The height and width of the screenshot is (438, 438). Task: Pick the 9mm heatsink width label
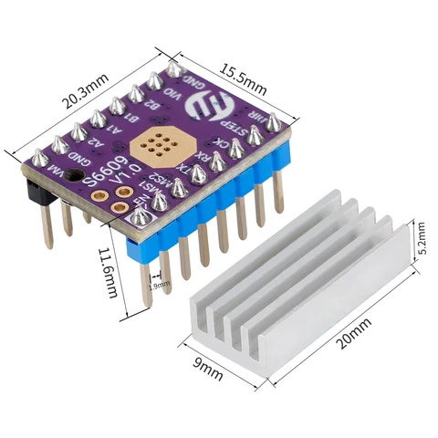[x=207, y=367]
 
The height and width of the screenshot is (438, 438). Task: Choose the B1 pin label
[x=133, y=119]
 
